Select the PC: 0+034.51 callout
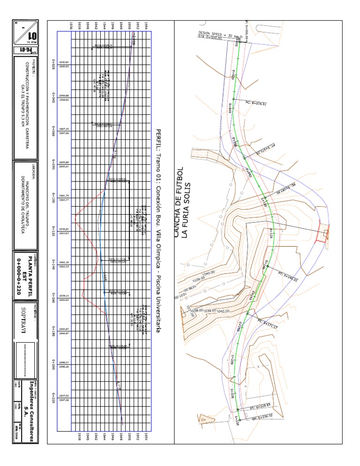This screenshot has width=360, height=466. click(256, 103)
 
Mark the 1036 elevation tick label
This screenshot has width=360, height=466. click(71, 25)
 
